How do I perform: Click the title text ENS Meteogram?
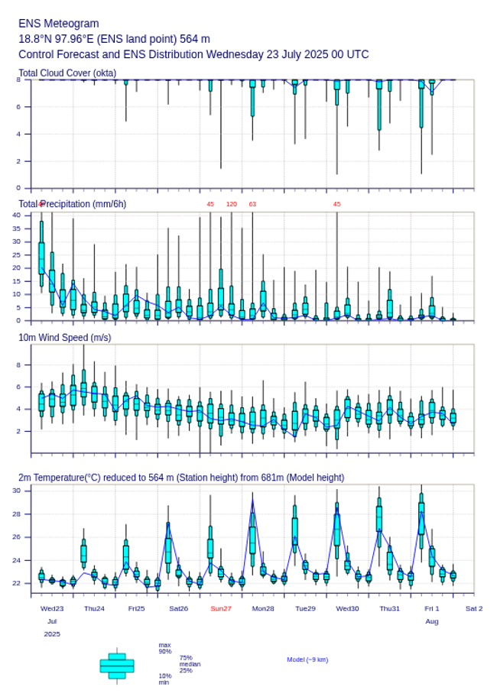[x=58, y=24]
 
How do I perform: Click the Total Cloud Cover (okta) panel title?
[x=67, y=73]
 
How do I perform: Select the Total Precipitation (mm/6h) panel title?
[x=73, y=203]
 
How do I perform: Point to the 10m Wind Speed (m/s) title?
[x=64, y=337]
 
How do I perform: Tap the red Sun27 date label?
[x=221, y=608]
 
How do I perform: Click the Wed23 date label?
[x=52, y=608]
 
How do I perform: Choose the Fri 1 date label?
[x=432, y=608]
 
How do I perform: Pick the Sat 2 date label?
[x=474, y=608]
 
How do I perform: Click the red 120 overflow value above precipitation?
[x=232, y=204]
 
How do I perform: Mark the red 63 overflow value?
[x=252, y=204]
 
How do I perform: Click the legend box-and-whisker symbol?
[x=117, y=666]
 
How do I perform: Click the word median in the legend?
[x=190, y=664]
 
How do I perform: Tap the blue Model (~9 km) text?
[x=307, y=659]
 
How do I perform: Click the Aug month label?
[x=432, y=621]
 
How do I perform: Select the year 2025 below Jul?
[x=52, y=634]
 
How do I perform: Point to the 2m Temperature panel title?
[x=181, y=478]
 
